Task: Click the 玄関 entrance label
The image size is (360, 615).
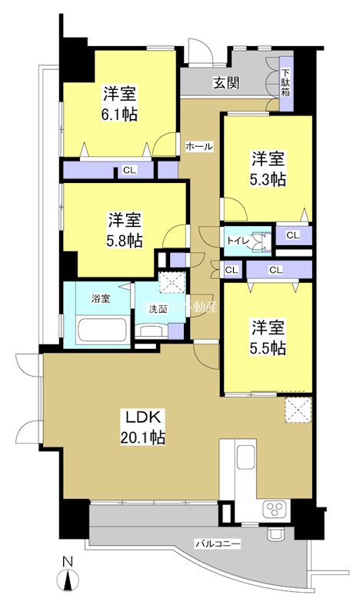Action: pos(225,82)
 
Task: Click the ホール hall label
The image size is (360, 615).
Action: pos(198,145)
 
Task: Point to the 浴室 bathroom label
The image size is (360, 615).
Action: pos(100,298)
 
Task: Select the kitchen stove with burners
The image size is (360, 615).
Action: pos(275,509)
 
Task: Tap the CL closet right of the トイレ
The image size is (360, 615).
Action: pos(292,235)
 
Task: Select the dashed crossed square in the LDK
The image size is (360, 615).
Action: pos(296,409)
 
